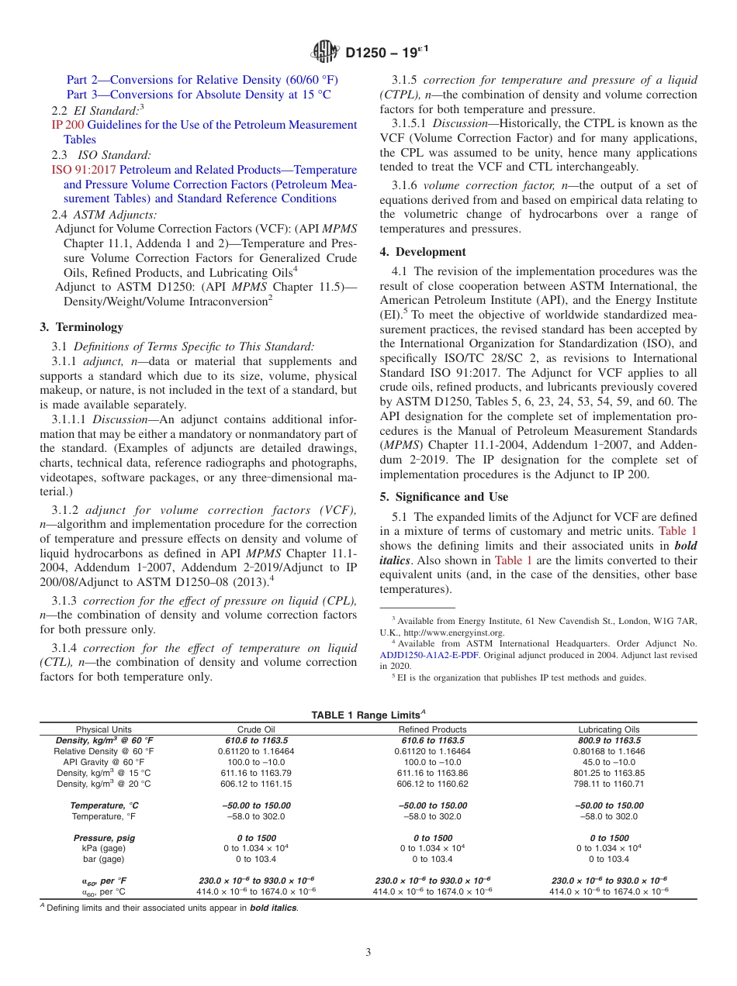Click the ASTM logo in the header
pos(324,52)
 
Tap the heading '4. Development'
pos(423,252)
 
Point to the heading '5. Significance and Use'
pos(444,497)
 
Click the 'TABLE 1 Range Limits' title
pos(367,715)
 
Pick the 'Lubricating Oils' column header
pos(609,729)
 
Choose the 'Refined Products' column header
pos(432,729)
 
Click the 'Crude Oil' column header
pos(256,729)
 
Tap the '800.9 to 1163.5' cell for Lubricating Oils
pos(609,740)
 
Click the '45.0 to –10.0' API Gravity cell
pos(609,762)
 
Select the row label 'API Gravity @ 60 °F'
pos(104,762)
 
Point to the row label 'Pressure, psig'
pos(103,838)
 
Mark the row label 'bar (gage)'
pos(103,859)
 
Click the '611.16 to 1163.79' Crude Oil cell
pos(256,773)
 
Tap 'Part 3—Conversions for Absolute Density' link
pos(199,95)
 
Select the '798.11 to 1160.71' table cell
pos(609,784)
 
